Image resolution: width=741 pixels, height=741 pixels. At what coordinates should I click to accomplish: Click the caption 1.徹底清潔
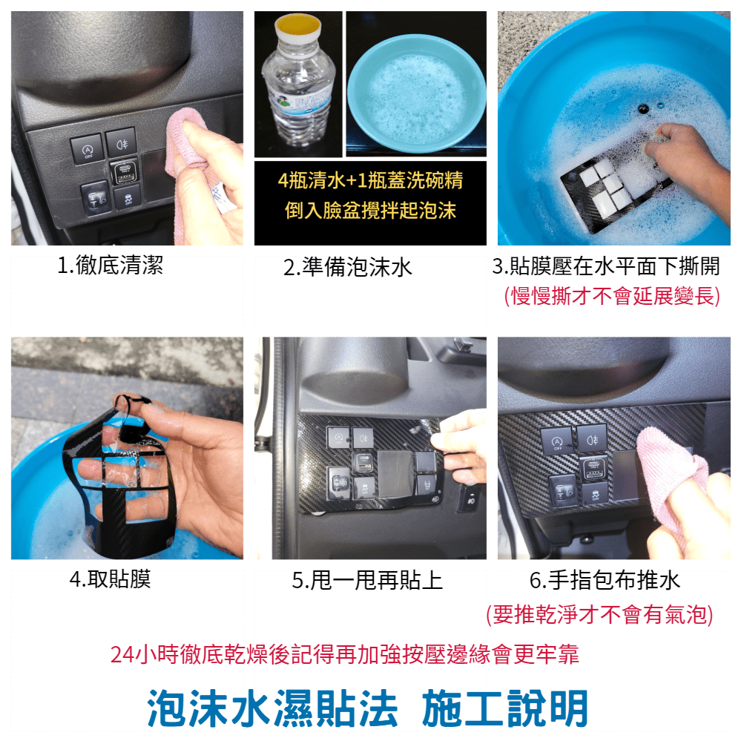[x=110, y=265]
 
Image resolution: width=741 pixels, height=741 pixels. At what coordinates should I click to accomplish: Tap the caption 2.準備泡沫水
[x=348, y=268]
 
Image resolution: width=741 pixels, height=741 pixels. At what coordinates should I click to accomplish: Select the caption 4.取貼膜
[x=110, y=579]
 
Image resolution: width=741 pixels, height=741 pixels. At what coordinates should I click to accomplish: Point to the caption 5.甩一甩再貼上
[x=367, y=581]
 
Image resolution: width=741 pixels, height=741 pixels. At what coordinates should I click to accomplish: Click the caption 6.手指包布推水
[x=605, y=581]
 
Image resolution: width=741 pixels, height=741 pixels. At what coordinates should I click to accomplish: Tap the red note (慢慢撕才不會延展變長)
[x=613, y=296]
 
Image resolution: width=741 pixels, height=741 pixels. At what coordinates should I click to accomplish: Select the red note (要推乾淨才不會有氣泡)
[x=600, y=615]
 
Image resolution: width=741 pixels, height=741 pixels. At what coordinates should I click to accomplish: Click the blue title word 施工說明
[x=505, y=708]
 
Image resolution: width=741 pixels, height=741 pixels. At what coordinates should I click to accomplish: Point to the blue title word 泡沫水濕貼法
[x=272, y=708]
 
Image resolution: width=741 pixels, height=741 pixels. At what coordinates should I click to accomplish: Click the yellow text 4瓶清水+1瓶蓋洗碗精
[x=371, y=180]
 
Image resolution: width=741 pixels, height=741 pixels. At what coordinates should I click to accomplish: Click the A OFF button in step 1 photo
[x=87, y=149]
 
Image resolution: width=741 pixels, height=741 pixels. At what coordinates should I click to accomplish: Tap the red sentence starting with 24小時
[x=344, y=654]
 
